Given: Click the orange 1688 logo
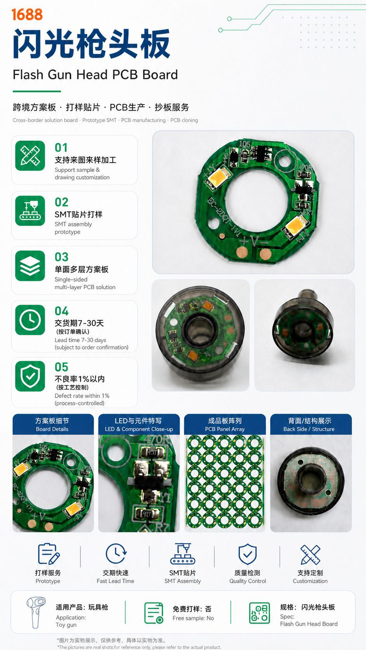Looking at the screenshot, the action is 27,14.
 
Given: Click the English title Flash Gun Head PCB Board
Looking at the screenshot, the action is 95,75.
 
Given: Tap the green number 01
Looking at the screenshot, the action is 61,147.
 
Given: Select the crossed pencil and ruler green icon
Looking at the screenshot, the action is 30,156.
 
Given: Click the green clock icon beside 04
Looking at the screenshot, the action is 30,320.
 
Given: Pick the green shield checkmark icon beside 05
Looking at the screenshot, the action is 30,376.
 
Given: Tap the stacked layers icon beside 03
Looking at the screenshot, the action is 30,266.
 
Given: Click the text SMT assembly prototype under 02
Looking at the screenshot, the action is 73,228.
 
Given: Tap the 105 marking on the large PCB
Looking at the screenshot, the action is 245,143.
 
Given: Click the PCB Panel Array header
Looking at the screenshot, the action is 225,424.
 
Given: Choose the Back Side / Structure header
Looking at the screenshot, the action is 311,424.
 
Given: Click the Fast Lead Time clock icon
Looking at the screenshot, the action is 116,553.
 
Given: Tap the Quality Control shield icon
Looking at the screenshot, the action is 247,554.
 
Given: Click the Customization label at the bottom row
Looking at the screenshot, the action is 310,581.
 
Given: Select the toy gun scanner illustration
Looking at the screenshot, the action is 36,612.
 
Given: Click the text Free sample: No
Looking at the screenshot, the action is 193,618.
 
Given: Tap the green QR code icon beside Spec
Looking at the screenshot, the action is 259,613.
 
